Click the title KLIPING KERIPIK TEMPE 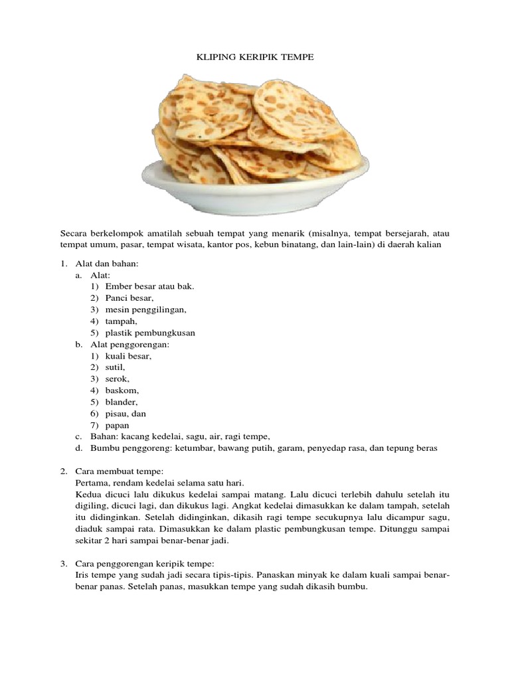coord(255,58)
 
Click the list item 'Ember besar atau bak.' coord(149,286)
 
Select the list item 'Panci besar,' coord(129,298)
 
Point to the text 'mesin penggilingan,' coord(145,309)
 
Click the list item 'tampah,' coord(121,321)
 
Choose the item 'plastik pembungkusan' coord(150,333)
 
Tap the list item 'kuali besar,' coord(128,356)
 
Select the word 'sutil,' coord(115,367)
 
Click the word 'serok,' coord(117,379)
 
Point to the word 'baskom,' coord(122,390)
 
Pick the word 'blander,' coord(122,402)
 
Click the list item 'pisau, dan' coord(126,414)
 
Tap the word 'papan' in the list coord(117,425)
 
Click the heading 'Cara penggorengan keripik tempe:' coord(143,563)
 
